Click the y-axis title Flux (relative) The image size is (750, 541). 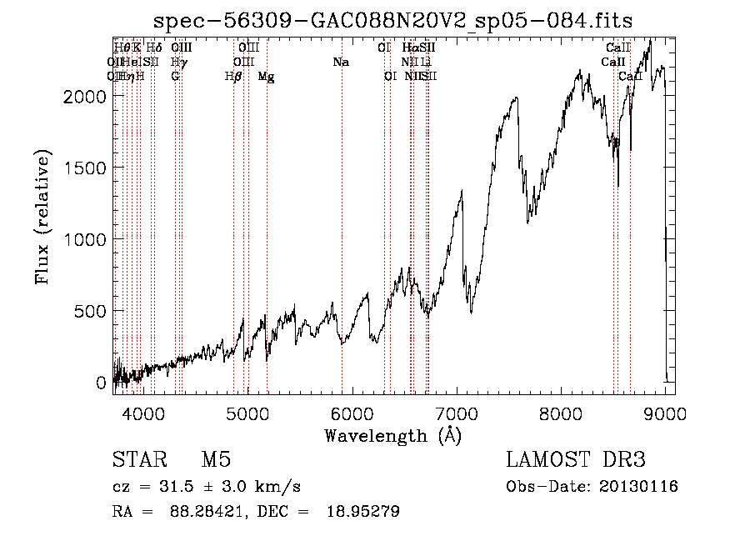(x=42, y=216)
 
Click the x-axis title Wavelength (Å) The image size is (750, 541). (x=392, y=435)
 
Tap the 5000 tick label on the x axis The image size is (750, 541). (x=247, y=413)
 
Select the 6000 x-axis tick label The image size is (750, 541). (x=352, y=413)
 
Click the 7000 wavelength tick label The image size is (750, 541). (x=457, y=413)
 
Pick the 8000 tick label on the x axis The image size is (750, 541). (x=562, y=413)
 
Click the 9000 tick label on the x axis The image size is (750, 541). (x=666, y=413)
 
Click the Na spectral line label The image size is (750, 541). (x=340, y=63)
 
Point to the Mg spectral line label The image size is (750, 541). (x=266, y=77)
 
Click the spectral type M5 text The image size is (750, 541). (x=216, y=461)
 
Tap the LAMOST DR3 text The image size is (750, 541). (x=575, y=461)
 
